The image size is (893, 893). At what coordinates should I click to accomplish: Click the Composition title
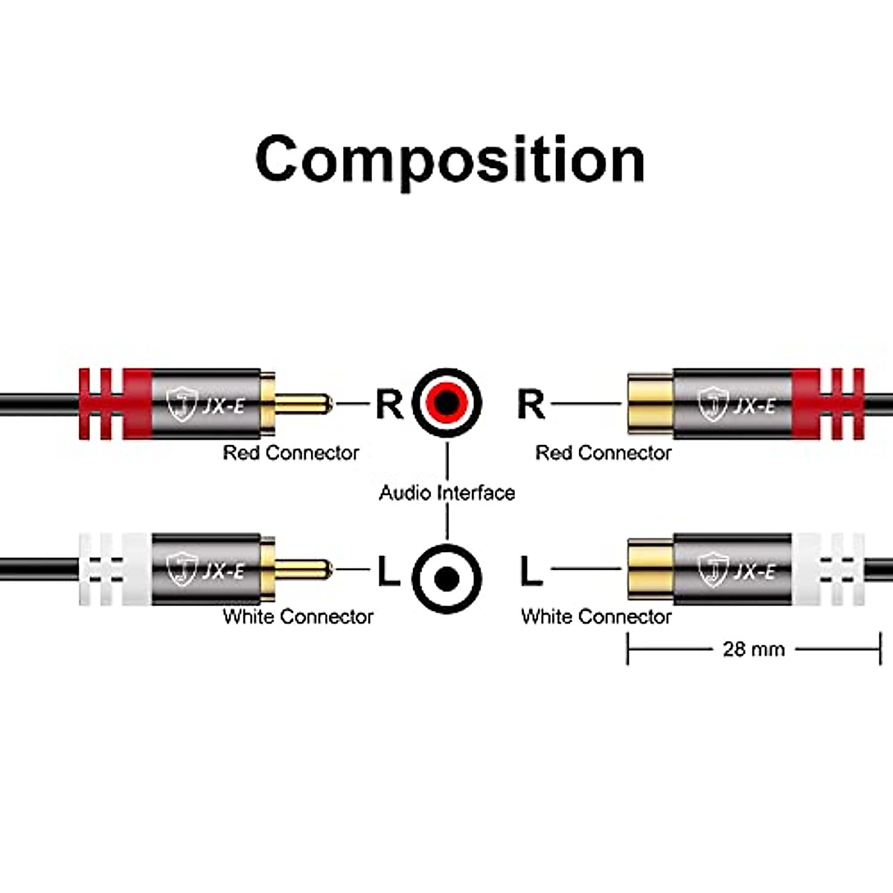pos(449,159)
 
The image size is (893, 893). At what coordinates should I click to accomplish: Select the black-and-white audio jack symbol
pos(446,578)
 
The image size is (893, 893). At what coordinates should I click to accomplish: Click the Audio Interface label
pos(446,493)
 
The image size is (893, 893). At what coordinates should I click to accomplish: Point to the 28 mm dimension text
pos(753,649)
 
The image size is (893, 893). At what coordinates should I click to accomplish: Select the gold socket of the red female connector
pos(650,404)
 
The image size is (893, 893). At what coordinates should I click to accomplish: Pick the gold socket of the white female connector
pos(650,570)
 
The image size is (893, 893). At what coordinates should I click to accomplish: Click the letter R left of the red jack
pos(388,404)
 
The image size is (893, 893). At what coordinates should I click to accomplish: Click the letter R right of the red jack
pos(531,404)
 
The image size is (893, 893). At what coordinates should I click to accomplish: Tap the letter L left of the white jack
pos(388,572)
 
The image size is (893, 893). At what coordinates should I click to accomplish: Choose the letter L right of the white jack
pos(531,572)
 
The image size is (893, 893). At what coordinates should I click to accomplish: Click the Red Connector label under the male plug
pos(291,452)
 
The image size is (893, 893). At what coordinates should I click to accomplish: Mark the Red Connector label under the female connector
pos(604,452)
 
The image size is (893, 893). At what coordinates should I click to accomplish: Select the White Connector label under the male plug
pos(298,616)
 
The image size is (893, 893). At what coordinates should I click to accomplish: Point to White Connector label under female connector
pos(596,616)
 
